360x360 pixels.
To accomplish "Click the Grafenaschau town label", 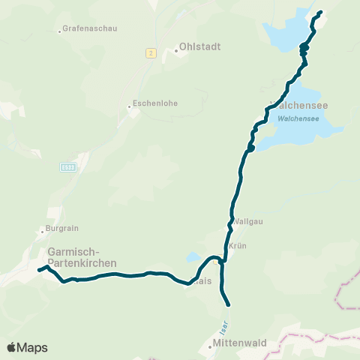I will pyautogui.click(x=88, y=30).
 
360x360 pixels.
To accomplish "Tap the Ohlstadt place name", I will pyautogui.click(x=200, y=46).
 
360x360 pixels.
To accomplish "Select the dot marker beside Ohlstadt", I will pyautogui.click(x=176, y=51).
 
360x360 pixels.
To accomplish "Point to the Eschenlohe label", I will pyautogui.click(x=155, y=103).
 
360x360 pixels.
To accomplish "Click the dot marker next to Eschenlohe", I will pyautogui.click(x=128, y=106).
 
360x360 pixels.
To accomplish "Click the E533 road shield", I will pyautogui.click(x=68, y=166).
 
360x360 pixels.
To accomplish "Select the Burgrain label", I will pyautogui.click(x=64, y=228).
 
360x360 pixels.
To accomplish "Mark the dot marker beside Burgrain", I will pyautogui.click(x=43, y=232).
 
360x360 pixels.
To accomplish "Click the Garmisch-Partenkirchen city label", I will pyautogui.click(x=81, y=257).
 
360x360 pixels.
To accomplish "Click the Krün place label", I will pyautogui.click(x=238, y=245).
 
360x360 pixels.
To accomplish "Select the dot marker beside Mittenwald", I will pyautogui.click(x=210, y=346).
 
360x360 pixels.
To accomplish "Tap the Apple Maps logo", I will pyautogui.click(x=27, y=347).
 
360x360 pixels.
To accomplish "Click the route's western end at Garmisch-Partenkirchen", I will pyautogui.click(x=39, y=270).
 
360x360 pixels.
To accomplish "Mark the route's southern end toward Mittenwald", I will pyautogui.click(x=226, y=304).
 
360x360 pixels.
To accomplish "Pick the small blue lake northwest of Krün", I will pyautogui.click(x=193, y=256).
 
